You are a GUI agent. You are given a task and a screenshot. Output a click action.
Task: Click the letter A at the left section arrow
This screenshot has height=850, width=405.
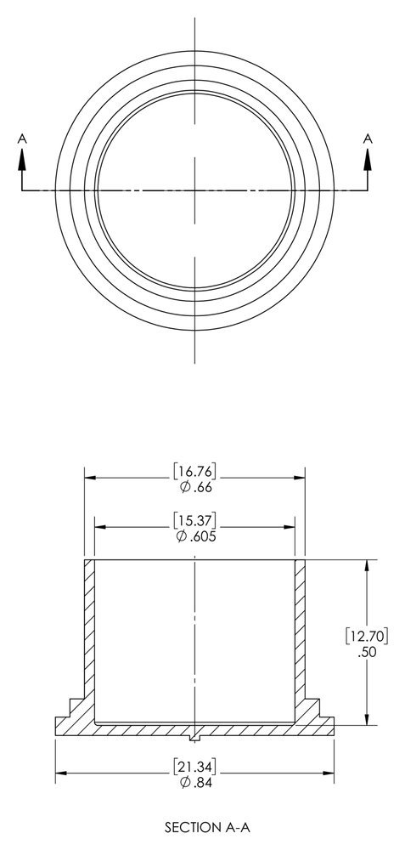click(x=22, y=139)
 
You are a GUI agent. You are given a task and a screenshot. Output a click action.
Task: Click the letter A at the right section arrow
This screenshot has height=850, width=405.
click(x=368, y=139)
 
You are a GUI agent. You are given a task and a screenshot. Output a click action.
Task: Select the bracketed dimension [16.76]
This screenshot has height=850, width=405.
click(x=195, y=472)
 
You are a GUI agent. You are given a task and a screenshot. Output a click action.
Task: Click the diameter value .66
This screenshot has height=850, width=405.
click(x=195, y=487)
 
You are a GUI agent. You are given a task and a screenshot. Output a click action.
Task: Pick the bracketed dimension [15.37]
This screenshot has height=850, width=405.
click(x=195, y=521)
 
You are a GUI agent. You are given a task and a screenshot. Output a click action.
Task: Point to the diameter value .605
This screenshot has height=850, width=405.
click(x=196, y=536)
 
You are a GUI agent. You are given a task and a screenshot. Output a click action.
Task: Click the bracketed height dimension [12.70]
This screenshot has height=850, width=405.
click(x=367, y=636)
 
